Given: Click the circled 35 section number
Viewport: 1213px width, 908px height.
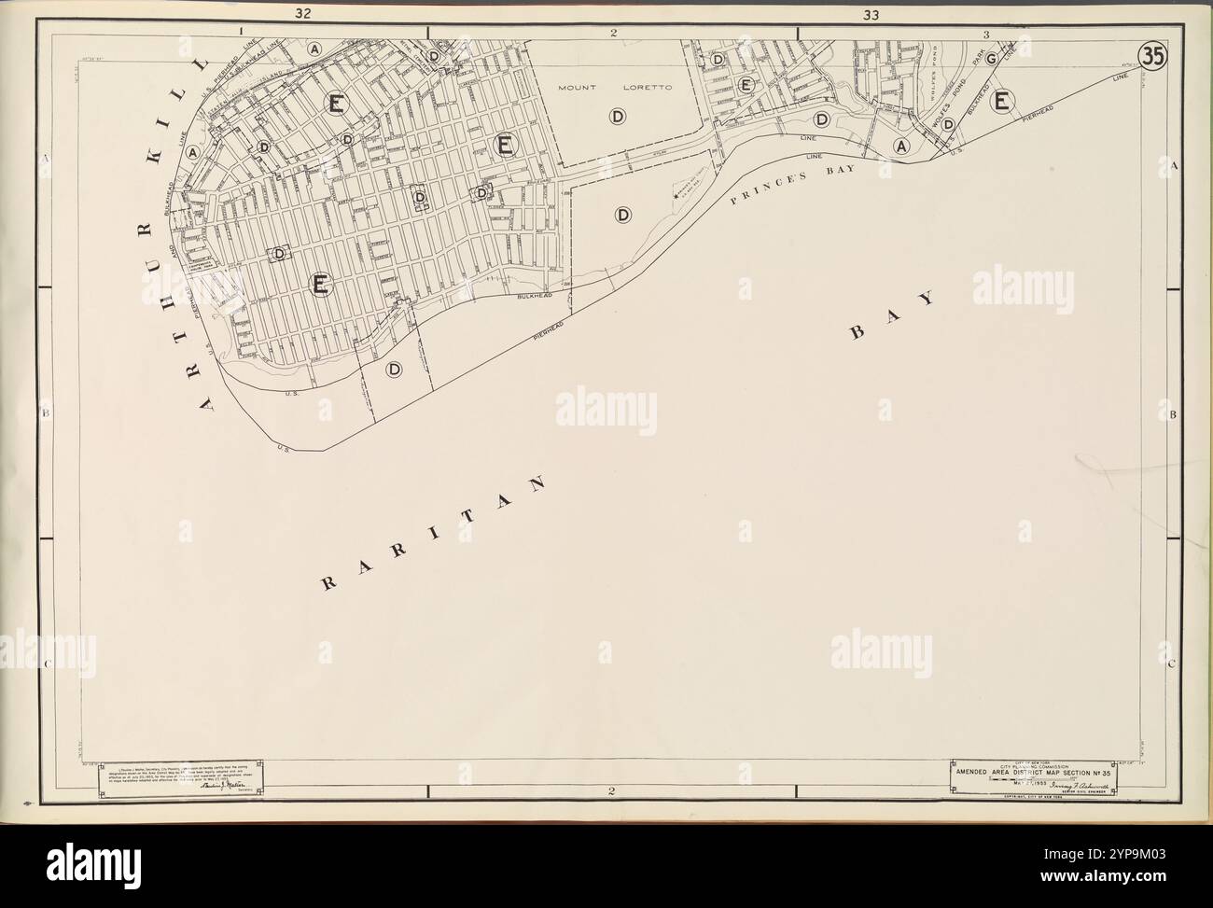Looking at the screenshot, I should pyautogui.click(x=1153, y=55).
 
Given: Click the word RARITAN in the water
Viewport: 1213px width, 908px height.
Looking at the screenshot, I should pyautogui.click(x=434, y=535).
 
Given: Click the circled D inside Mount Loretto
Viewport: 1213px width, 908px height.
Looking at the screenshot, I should pyautogui.click(x=617, y=117).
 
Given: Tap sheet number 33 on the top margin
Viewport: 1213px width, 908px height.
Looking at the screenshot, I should pyautogui.click(x=871, y=14).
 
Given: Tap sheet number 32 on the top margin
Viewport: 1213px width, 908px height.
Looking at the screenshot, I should pyautogui.click(x=301, y=13).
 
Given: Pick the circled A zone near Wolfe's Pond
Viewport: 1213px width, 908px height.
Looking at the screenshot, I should pyautogui.click(x=901, y=146).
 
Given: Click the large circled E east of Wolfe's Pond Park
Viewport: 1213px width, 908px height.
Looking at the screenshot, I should pyautogui.click(x=1003, y=101).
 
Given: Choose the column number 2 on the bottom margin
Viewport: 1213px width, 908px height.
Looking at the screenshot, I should pyautogui.click(x=611, y=793).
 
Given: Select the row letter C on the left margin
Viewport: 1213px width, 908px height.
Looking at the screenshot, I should pyautogui.click(x=45, y=664).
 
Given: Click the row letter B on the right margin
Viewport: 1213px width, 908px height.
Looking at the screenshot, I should pyautogui.click(x=1174, y=413).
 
